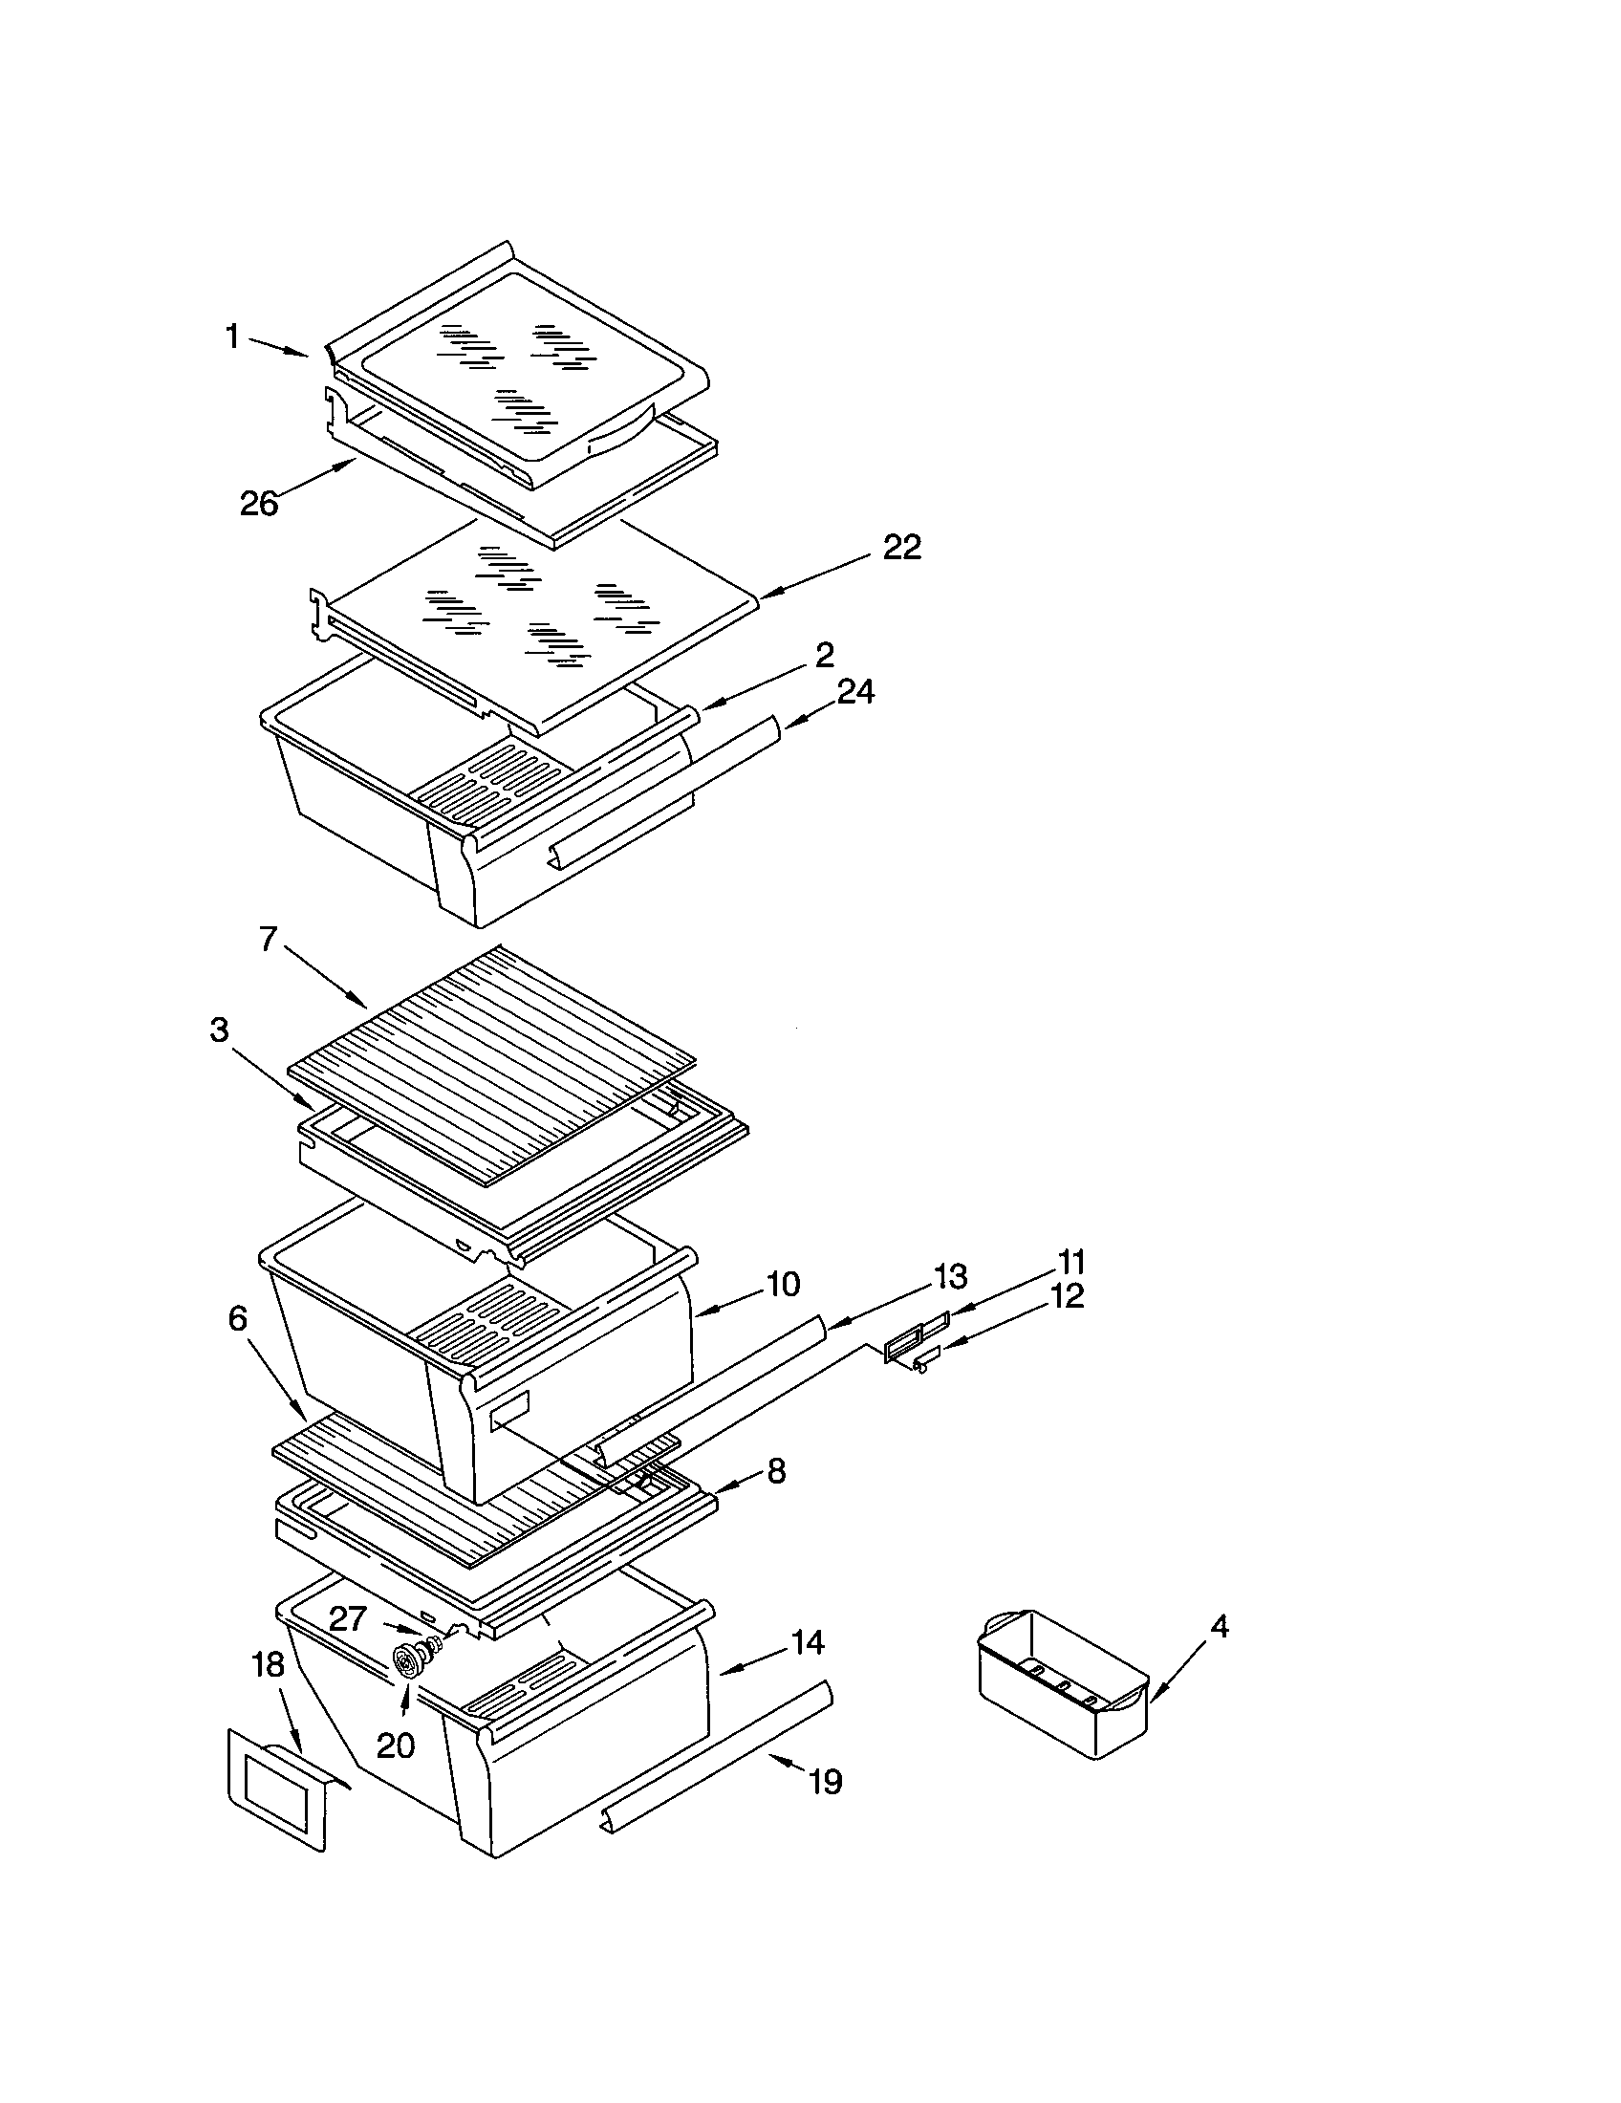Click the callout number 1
click(232, 337)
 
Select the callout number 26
click(259, 503)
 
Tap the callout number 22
click(902, 548)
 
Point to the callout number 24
click(855, 691)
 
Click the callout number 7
click(269, 939)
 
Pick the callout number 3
click(220, 1030)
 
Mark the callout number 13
click(950, 1277)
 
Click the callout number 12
click(1068, 1296)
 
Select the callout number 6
click(237, 1318)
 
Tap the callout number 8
click(776, 1470)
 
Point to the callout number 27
click(348, 1618)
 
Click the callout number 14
click(808, 1642)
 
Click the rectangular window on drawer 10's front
click(510, 1413)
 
